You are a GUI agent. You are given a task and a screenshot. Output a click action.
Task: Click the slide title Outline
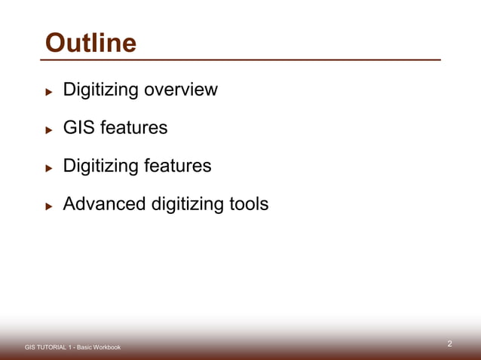[90, 43]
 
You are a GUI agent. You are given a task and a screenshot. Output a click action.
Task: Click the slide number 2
[449, 344]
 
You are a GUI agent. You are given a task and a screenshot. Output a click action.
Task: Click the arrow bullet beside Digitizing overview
[48, 92]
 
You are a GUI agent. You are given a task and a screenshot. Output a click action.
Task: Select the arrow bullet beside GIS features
[48, 130]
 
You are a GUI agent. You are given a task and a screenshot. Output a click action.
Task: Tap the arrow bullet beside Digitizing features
[48, 167]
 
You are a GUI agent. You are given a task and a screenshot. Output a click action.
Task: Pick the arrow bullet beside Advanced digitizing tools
[48, 206]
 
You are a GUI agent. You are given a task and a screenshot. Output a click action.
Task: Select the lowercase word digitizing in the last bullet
[185, 205]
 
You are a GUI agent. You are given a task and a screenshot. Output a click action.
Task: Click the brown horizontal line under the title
[241, 59]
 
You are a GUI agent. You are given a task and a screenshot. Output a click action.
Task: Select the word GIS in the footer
[29, 347]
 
